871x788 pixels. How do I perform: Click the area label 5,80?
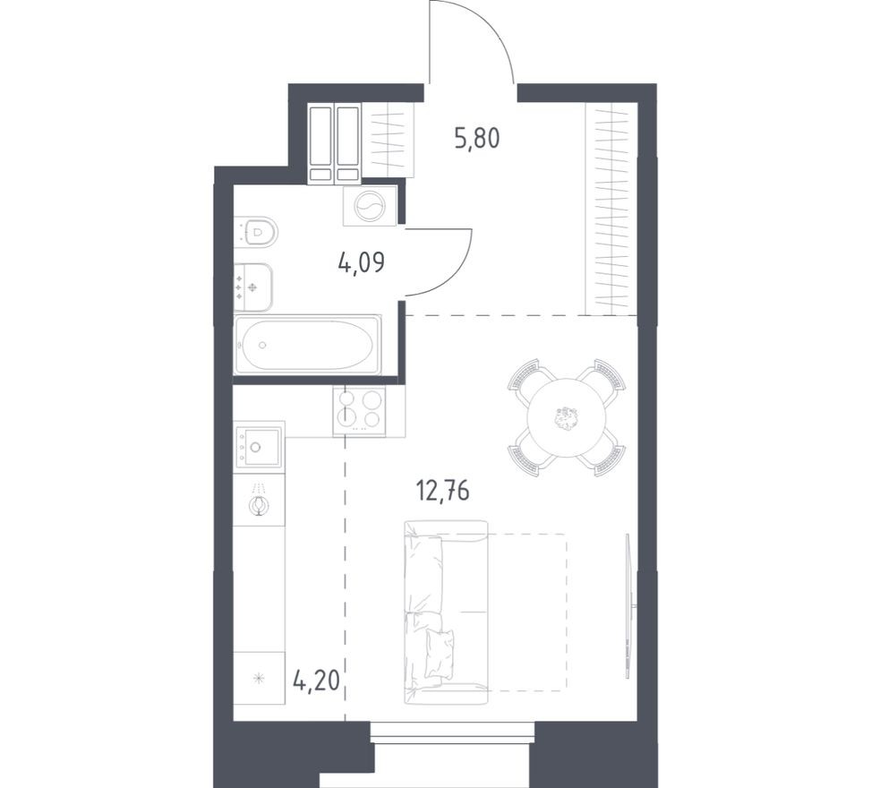click(x=476, y=139)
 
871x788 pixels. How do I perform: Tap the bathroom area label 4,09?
click(x=361, y=261)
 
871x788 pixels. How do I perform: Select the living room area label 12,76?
click(x=443, y=492)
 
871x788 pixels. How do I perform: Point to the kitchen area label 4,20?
click(x=315, y=680)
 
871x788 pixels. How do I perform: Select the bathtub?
click(x=307, y=345)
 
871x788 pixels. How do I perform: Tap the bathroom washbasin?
click(x=253, y=287)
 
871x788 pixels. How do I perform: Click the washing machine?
click(x=370, y=206)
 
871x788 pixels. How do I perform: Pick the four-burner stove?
click(x=359, y=411)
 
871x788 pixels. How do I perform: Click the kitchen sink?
click(x=260, y=446)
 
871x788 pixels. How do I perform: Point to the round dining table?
click(x=566, y=417)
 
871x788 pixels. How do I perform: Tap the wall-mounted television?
click(x=628, y=605)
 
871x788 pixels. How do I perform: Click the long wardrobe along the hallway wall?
click(x=611, y=209)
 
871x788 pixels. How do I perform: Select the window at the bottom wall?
click(x=453, y=732)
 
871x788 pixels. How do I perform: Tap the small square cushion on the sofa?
click(x=440, y=655)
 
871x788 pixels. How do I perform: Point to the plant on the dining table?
click(x=566, y=418)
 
